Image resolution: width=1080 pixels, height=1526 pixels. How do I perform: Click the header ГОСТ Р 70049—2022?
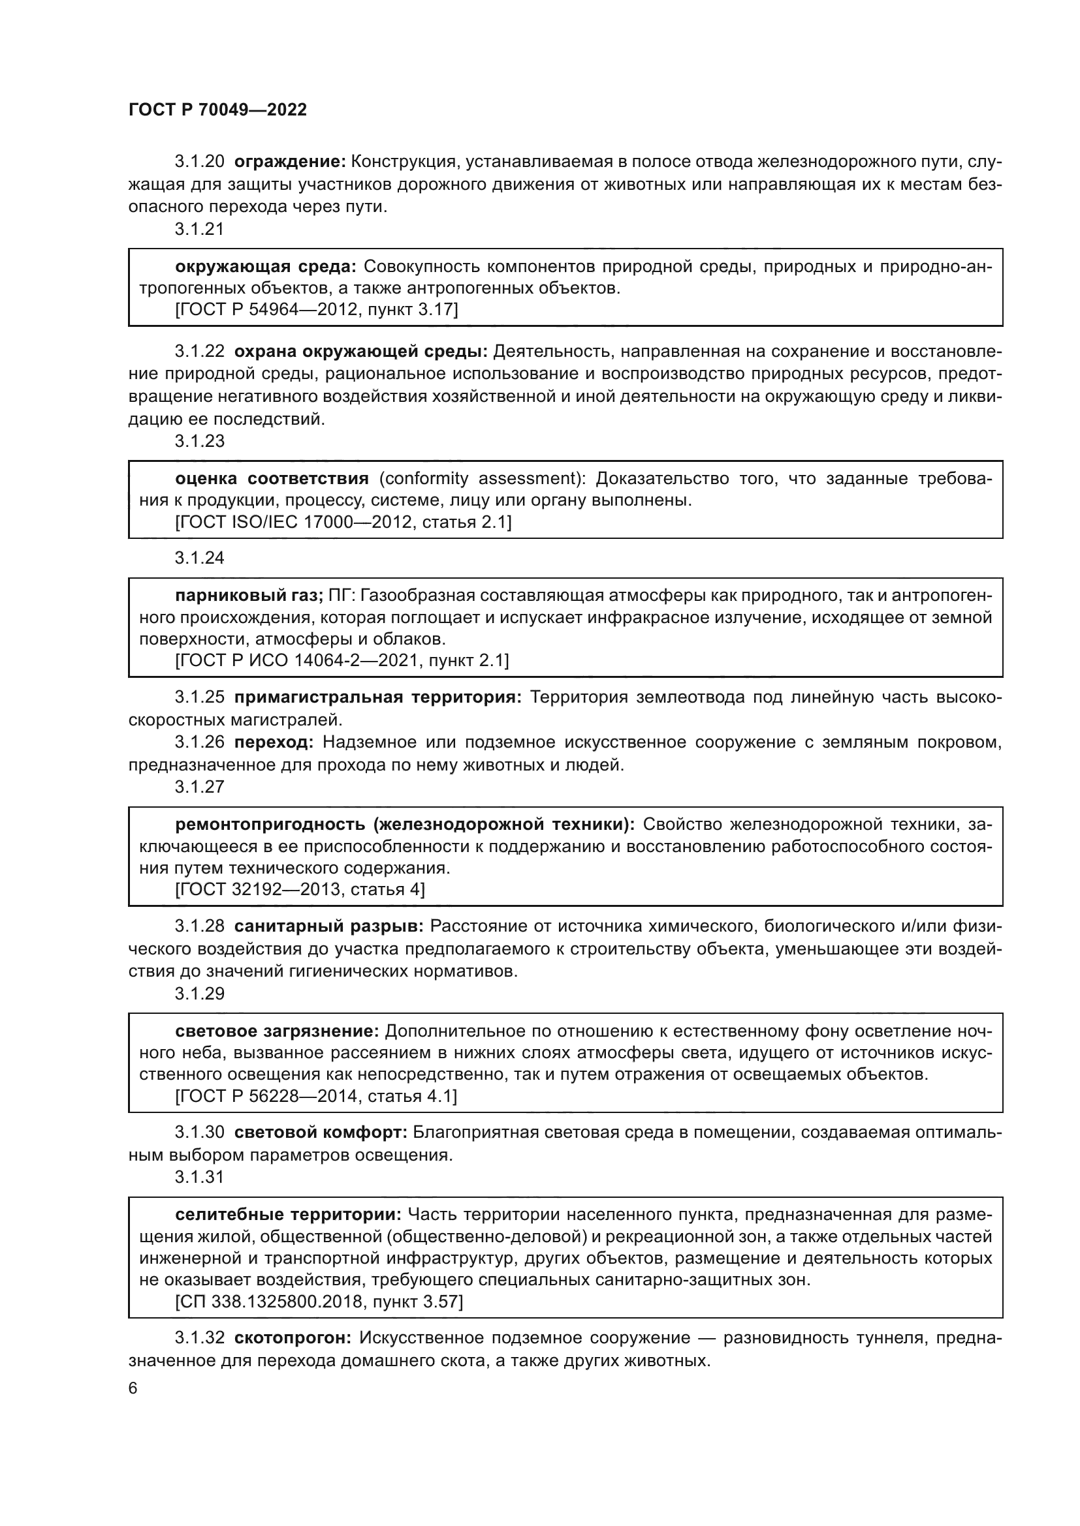tap(217, 110)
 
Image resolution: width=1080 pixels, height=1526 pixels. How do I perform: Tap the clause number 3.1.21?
tap(200, 229)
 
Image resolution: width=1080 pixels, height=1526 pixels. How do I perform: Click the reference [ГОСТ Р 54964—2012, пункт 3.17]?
tap(317, 310)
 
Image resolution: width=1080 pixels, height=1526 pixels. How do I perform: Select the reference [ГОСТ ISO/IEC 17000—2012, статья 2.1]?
tap(343, 523)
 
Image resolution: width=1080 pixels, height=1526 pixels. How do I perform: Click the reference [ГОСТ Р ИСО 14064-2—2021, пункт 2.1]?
tap(341, 661)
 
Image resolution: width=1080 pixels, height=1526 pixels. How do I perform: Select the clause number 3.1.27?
tap(200, 787)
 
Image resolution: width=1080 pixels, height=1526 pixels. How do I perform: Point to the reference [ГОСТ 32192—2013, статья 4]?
tap(300, 890)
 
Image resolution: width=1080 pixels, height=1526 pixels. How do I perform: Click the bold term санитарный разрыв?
tap(329, 926)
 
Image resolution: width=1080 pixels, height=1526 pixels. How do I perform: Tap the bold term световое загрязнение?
tap(277, 1031)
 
